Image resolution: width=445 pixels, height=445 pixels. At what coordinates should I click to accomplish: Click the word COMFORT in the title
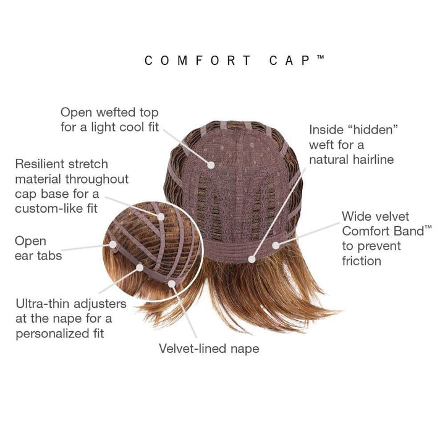coord(198,61)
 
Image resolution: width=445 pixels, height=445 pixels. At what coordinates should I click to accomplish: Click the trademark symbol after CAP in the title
coord(321,57)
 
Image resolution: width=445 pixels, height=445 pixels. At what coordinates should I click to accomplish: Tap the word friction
coord(362,261)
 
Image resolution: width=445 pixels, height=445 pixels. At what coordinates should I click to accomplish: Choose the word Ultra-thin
coord(43,304)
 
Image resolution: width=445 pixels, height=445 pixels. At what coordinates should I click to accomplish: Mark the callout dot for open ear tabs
coord(115,245)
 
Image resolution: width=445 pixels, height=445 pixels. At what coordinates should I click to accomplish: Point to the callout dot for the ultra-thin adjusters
coord(142,268)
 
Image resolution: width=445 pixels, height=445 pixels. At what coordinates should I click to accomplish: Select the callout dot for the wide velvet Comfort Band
coord(275,245)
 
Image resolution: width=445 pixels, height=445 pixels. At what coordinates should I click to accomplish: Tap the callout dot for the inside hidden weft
coord(252,258)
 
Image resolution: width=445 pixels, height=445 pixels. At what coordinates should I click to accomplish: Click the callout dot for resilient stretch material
coord(162,216)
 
